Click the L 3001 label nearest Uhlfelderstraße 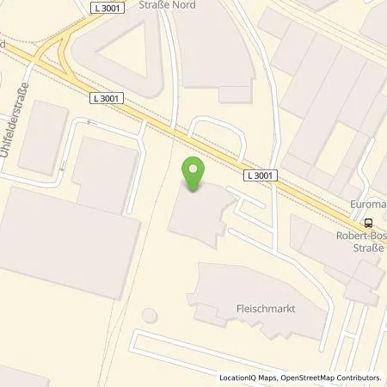tap(106, 99)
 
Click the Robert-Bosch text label tap(356, 233)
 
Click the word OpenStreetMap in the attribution tap(298, 378)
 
